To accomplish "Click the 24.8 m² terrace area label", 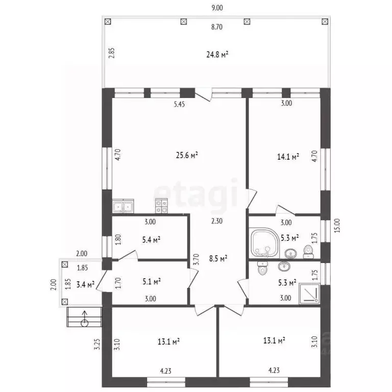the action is pos(217,55).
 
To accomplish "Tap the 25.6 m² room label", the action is pos(187,156).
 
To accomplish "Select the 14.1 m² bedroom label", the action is pos(288,157).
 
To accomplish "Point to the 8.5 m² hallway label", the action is pos(218,258).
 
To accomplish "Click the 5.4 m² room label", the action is pos(151,240).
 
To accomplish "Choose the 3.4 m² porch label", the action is pos(85,284).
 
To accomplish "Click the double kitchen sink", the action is pos(123,206).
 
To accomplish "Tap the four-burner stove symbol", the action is pos(161,206).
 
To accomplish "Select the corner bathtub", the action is pos(264,243).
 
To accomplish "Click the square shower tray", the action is pos(309,293).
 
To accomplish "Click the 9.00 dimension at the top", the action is pos(217,8).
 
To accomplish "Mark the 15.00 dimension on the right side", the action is pos(337,226).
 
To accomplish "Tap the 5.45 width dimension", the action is pos(179,104).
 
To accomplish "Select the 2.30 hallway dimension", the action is pos(217,221).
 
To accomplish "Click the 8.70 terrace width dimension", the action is pos(217,27).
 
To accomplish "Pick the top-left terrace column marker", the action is pos(108,22).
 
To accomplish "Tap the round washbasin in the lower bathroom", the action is pos(284,266).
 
